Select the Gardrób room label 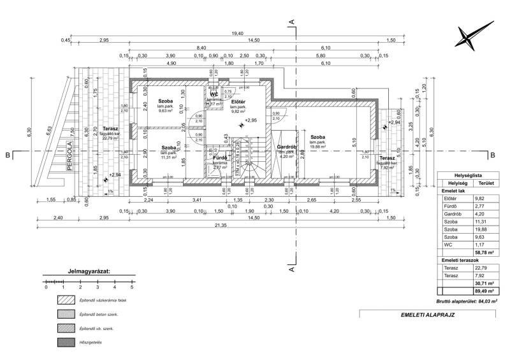click(284, 147)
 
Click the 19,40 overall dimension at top click(238, 33)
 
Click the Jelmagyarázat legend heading click(88, 270)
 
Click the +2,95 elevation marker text click(251, 120)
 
